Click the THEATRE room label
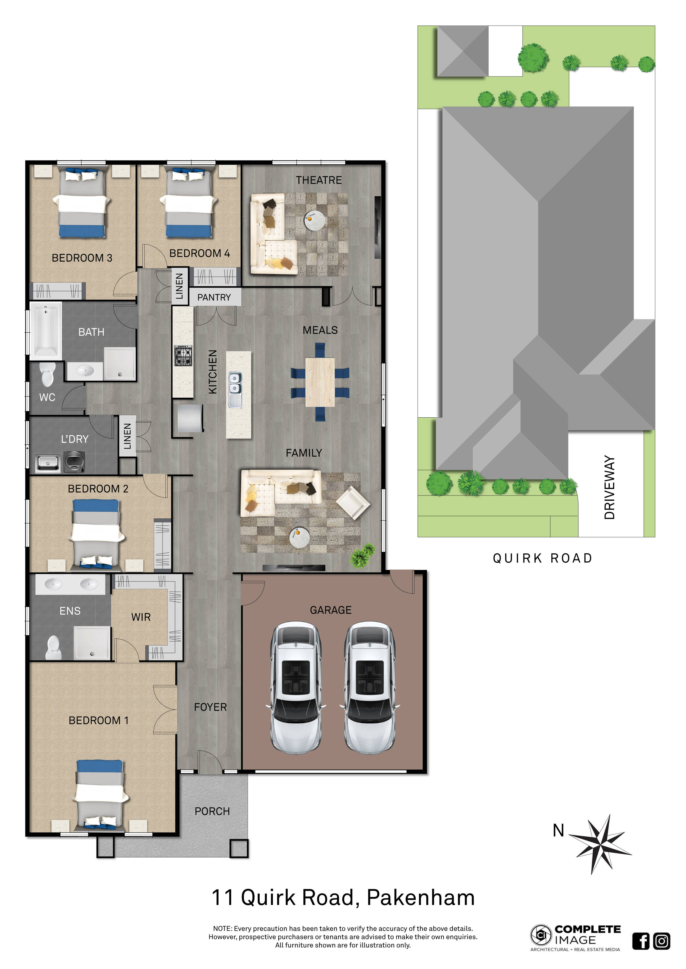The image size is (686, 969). [x=319, y=180]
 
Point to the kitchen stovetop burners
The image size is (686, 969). [x=183, y=355]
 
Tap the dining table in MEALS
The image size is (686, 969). [x=320, y=382]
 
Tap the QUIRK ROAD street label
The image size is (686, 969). [x=542, y=558]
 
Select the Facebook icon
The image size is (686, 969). [x=640, y=941]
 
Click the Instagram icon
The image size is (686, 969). [x=661, y=941]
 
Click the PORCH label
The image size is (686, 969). [x=212, y=811]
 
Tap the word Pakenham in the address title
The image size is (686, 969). [x=421, y=898]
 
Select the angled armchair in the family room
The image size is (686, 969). [x=353, y=502]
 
